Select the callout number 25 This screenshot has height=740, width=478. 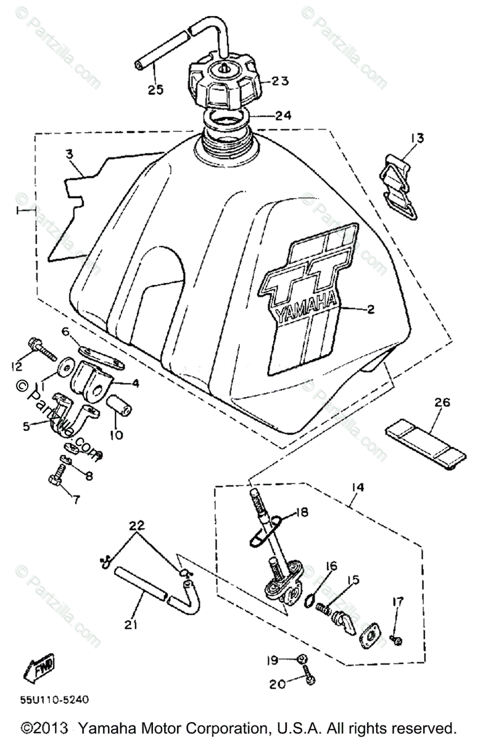tap(155, 90)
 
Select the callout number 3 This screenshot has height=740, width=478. tap(69, 153)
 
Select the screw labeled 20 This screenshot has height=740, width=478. tap(307, 678)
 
